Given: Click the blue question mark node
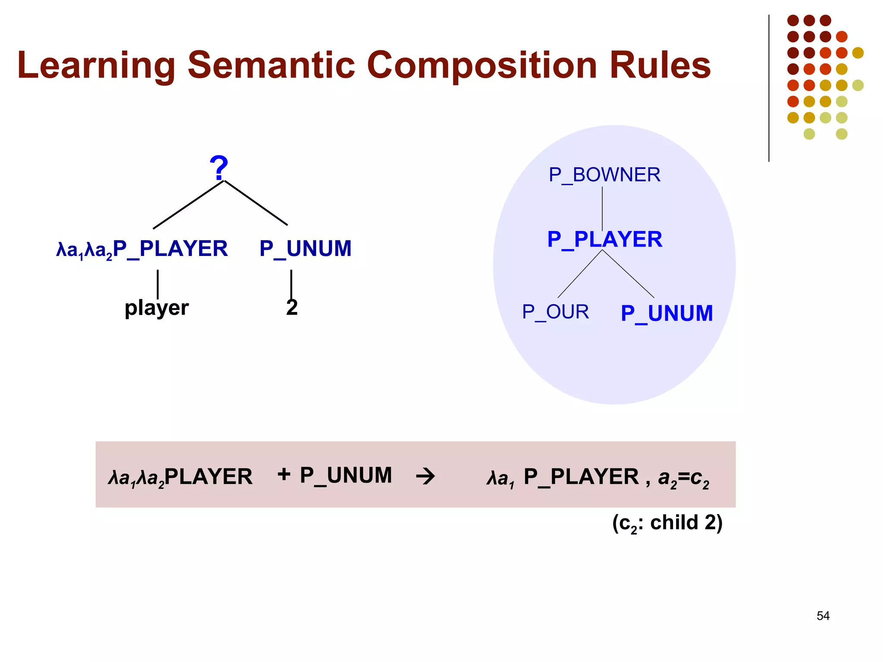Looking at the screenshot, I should [219, 168].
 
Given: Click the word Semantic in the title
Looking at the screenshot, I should [271, 66].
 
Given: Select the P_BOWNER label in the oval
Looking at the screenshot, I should [604, 175].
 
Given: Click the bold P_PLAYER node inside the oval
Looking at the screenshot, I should [604, 240].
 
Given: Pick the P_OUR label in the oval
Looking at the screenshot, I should [555, 312].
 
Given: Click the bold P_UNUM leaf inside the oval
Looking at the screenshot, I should [667, 314].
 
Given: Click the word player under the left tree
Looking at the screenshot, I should [157, 308].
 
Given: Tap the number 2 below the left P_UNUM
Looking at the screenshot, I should [292, 308].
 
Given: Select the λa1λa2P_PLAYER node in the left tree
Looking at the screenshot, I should [142, 249].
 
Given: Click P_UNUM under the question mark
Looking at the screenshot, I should [305, 249].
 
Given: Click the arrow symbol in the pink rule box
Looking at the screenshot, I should [426, 477].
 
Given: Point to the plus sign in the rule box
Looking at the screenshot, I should [284, 474].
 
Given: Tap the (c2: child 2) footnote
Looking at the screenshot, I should [667, 523].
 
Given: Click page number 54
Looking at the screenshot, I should [823, 616].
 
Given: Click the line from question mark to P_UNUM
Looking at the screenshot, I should [256, 203].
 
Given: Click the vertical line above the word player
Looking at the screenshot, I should [158, 284].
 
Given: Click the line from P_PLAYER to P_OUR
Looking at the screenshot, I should [579, 274].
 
